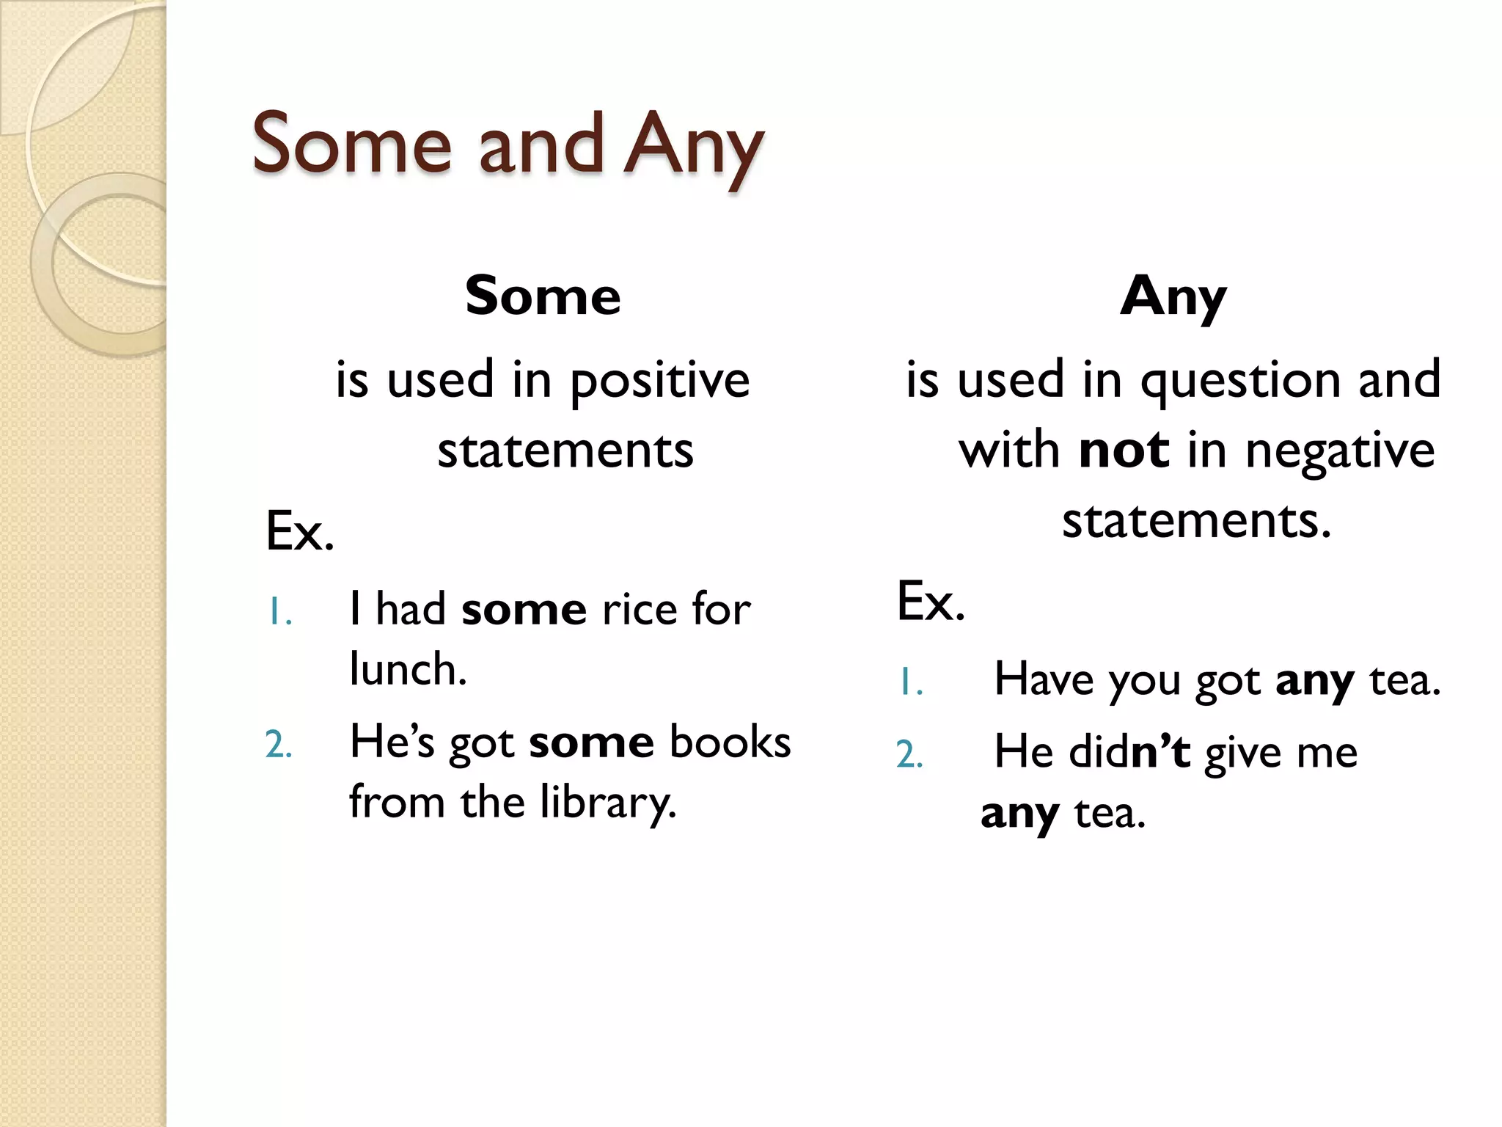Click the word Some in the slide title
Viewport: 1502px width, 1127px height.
click(x=351, y=144)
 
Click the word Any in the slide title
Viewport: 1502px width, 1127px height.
click(x=693, y=147)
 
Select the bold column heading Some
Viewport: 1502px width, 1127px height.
click(x=543, y=296)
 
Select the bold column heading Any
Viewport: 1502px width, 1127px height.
click(x=1173, y=297)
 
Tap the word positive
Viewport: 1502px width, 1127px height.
click(x=659, y=382)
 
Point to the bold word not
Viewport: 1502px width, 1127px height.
click(x=1124, y=450)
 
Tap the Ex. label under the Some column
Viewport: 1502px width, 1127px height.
click(x=299, y=531)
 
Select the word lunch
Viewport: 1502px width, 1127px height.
click(x=407, y=670)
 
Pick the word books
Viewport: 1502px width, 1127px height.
click(x=730, y=742)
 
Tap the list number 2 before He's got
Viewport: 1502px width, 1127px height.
click(x=278, y=745)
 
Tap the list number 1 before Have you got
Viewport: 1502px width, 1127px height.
click(x=910, y=683)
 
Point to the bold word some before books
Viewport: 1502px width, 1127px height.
click(x=591, y=743)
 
